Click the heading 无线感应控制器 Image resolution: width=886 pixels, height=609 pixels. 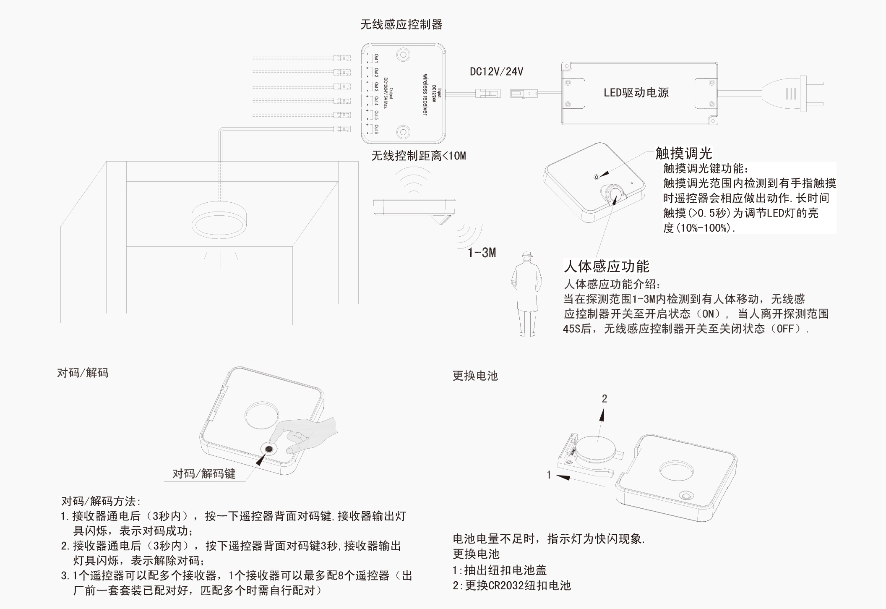pos(401,25)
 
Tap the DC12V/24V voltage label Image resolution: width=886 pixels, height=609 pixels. pos(496,72)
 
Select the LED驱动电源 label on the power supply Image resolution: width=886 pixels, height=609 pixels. pos(636,93)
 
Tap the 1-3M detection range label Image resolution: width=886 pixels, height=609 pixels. pos(482,253)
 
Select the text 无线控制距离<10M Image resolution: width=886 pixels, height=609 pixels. pos(418,156)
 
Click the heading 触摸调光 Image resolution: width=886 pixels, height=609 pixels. pos(683,154)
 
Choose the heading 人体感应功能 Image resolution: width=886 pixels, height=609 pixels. pos(606,267)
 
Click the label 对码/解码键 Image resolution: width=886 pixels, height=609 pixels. pos(204,474)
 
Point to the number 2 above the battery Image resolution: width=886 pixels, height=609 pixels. pos(604,399)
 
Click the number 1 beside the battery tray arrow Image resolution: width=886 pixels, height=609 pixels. pos(549,475)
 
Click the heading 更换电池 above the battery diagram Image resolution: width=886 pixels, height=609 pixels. pos(475,376)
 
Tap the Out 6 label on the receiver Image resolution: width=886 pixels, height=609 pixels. pos(376,129)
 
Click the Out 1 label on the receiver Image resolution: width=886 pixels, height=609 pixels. pos(376,58)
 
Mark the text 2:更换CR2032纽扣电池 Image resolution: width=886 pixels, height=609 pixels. pos(511,585)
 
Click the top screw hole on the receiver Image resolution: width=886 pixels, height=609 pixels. pos(404,55)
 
